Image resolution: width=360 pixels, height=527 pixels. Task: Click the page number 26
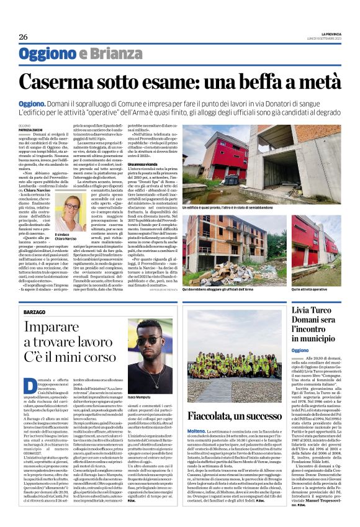pyautogui.click(x=22, y=36)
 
